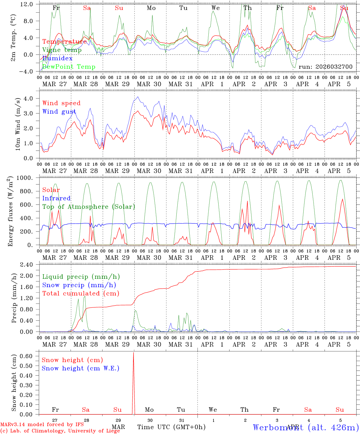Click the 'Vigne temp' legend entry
pos(62,50)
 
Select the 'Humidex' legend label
pos(57,58)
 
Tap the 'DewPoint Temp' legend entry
pos(69,67)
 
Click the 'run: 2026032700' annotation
pos(325,67)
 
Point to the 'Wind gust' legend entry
pos(59,112)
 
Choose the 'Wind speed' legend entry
pos(62,103)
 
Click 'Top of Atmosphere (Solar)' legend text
pos(89,207)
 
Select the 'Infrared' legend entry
pos(56,198)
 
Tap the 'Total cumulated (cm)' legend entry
pos(81,293)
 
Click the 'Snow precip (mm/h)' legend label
pos(79,285)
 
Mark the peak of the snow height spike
pos(134,352)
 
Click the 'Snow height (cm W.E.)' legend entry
pos(81,368)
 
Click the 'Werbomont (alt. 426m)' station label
pos(306,427)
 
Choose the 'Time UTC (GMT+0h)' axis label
pos(171,427)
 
